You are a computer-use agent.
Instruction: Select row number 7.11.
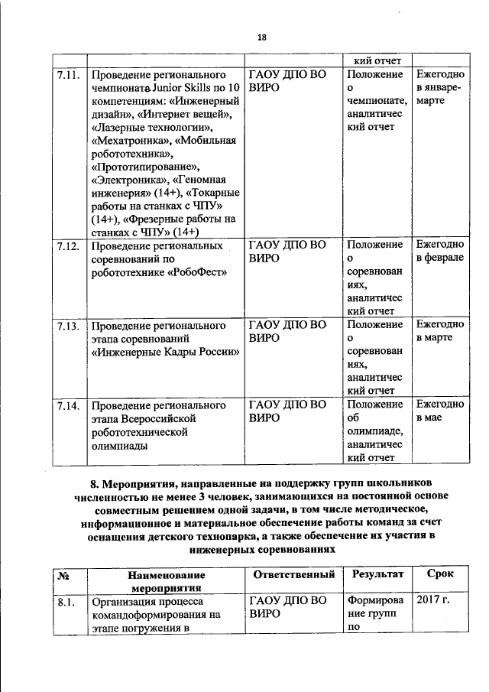(x=69, y=76)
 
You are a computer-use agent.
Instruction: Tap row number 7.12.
(x=69, y=245)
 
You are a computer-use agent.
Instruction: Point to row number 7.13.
(x=69, y=325)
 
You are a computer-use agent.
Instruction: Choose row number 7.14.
(x=69, y=404)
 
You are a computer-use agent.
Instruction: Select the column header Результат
(x=374, y=573)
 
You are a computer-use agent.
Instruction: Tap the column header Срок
(x=439, y=573)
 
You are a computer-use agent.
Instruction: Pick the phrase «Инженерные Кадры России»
(x=165, y=352)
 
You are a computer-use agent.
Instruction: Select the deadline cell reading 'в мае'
(x=430, y=418)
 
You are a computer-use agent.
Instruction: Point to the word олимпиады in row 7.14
(x=119, y=446)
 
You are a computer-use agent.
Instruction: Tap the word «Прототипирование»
(x=145, y=167)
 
